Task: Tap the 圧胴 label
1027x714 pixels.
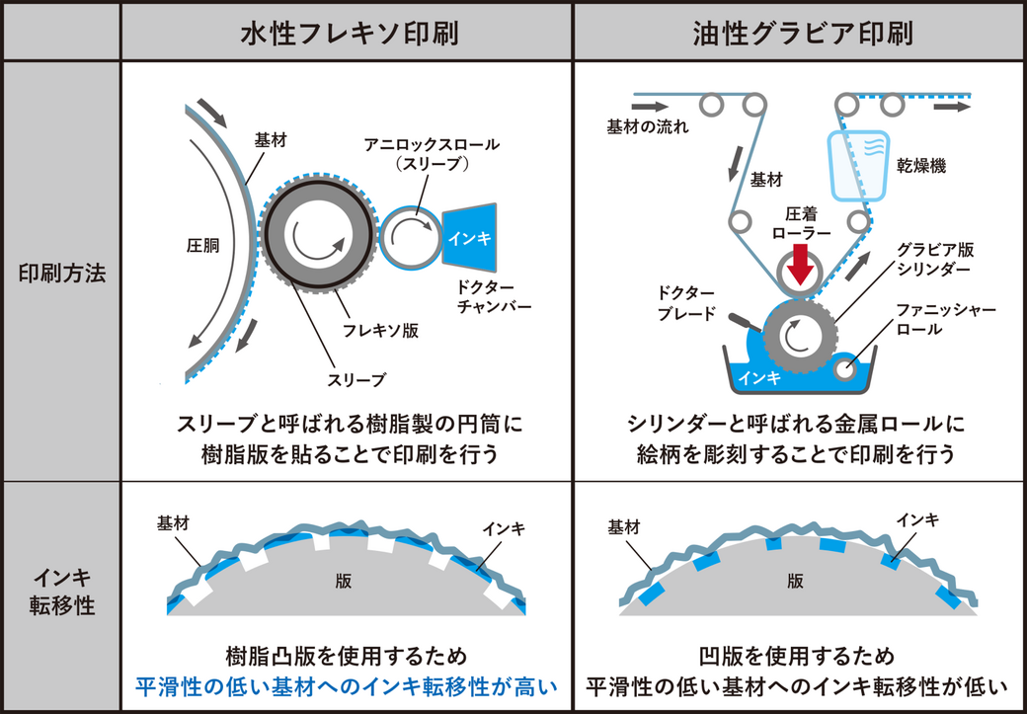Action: point(200,240)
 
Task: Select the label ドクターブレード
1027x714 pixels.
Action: point(690,301)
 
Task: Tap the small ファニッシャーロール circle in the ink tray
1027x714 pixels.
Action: point(845,367)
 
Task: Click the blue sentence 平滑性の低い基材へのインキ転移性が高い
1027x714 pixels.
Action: point(347,686)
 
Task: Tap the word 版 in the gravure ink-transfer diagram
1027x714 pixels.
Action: point(795,582)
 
